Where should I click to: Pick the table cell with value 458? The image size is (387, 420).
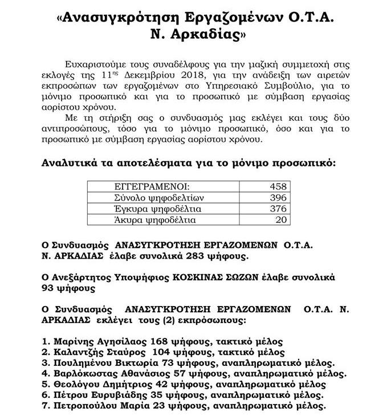click(279, 186)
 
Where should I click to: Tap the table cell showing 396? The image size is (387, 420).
click(279, 197)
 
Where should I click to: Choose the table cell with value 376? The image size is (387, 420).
click(279, 209)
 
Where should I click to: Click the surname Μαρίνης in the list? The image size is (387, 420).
click(72, 341)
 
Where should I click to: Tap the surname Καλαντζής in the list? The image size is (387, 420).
click(78, 352)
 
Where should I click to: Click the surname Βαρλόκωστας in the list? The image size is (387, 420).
click(85, 374)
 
